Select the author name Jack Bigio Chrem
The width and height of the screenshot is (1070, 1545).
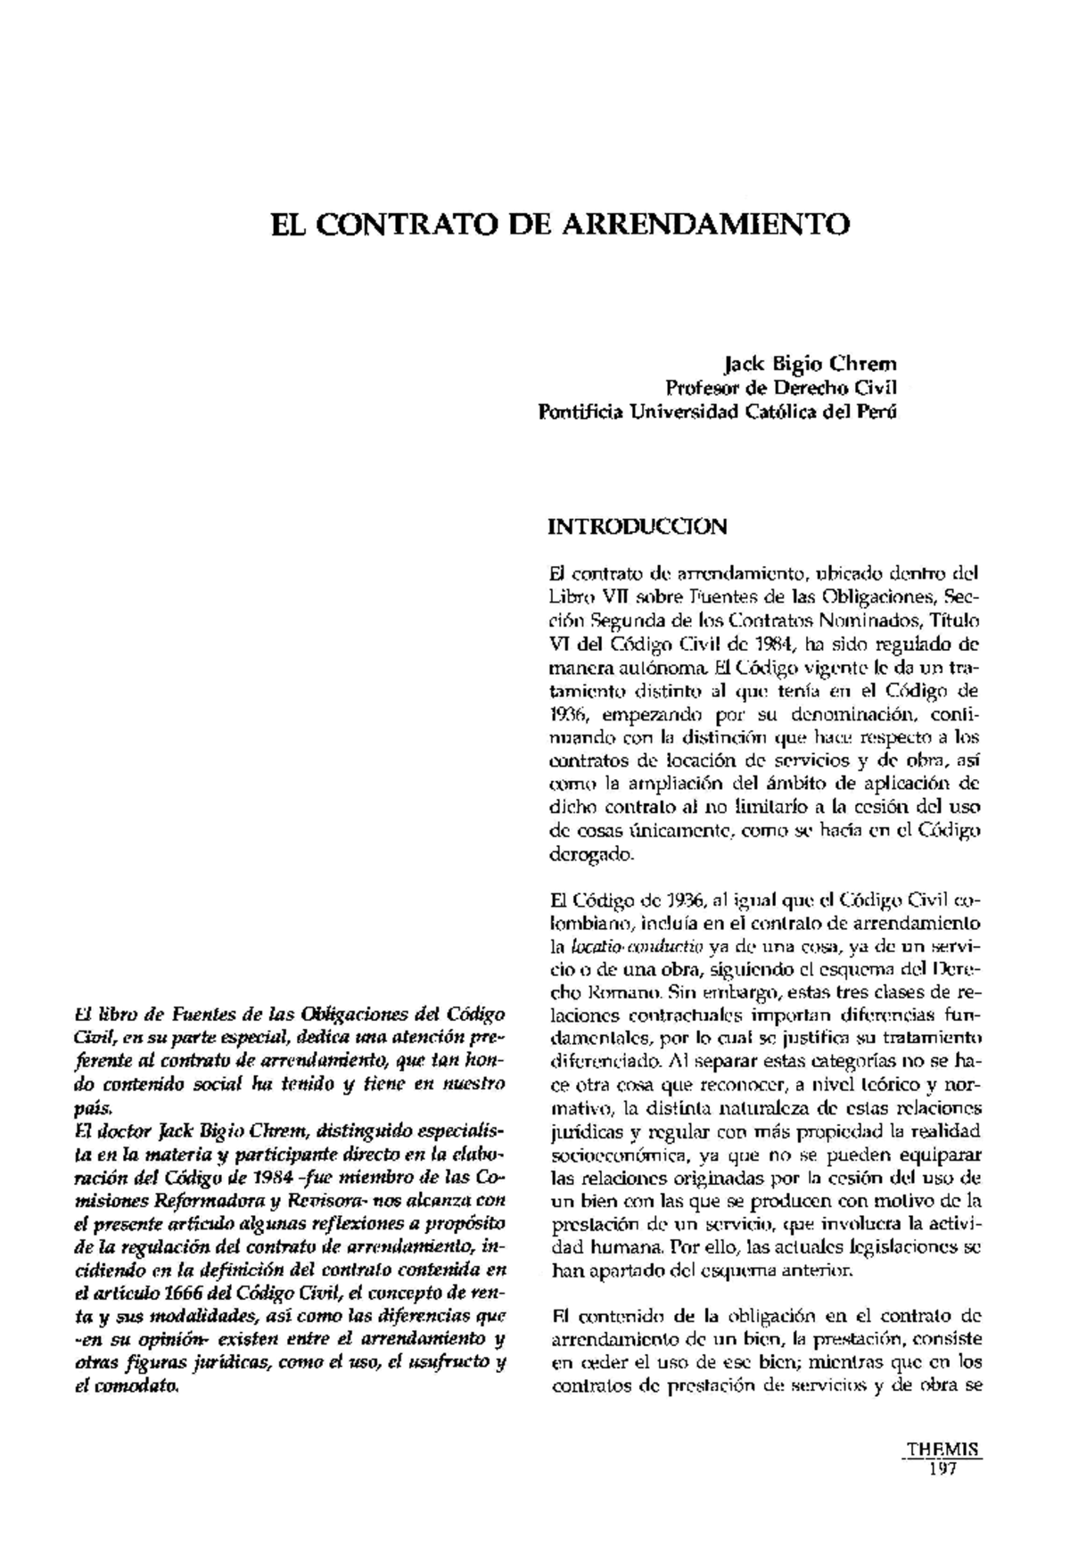tap(811, 364)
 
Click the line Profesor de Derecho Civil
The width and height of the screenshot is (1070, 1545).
tap(782, 388)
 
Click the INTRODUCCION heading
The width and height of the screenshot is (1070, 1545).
tap(638, 526)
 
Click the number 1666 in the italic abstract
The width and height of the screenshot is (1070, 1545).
tap(186, 1293)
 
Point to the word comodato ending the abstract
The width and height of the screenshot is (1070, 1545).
tap(144, 1387)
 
